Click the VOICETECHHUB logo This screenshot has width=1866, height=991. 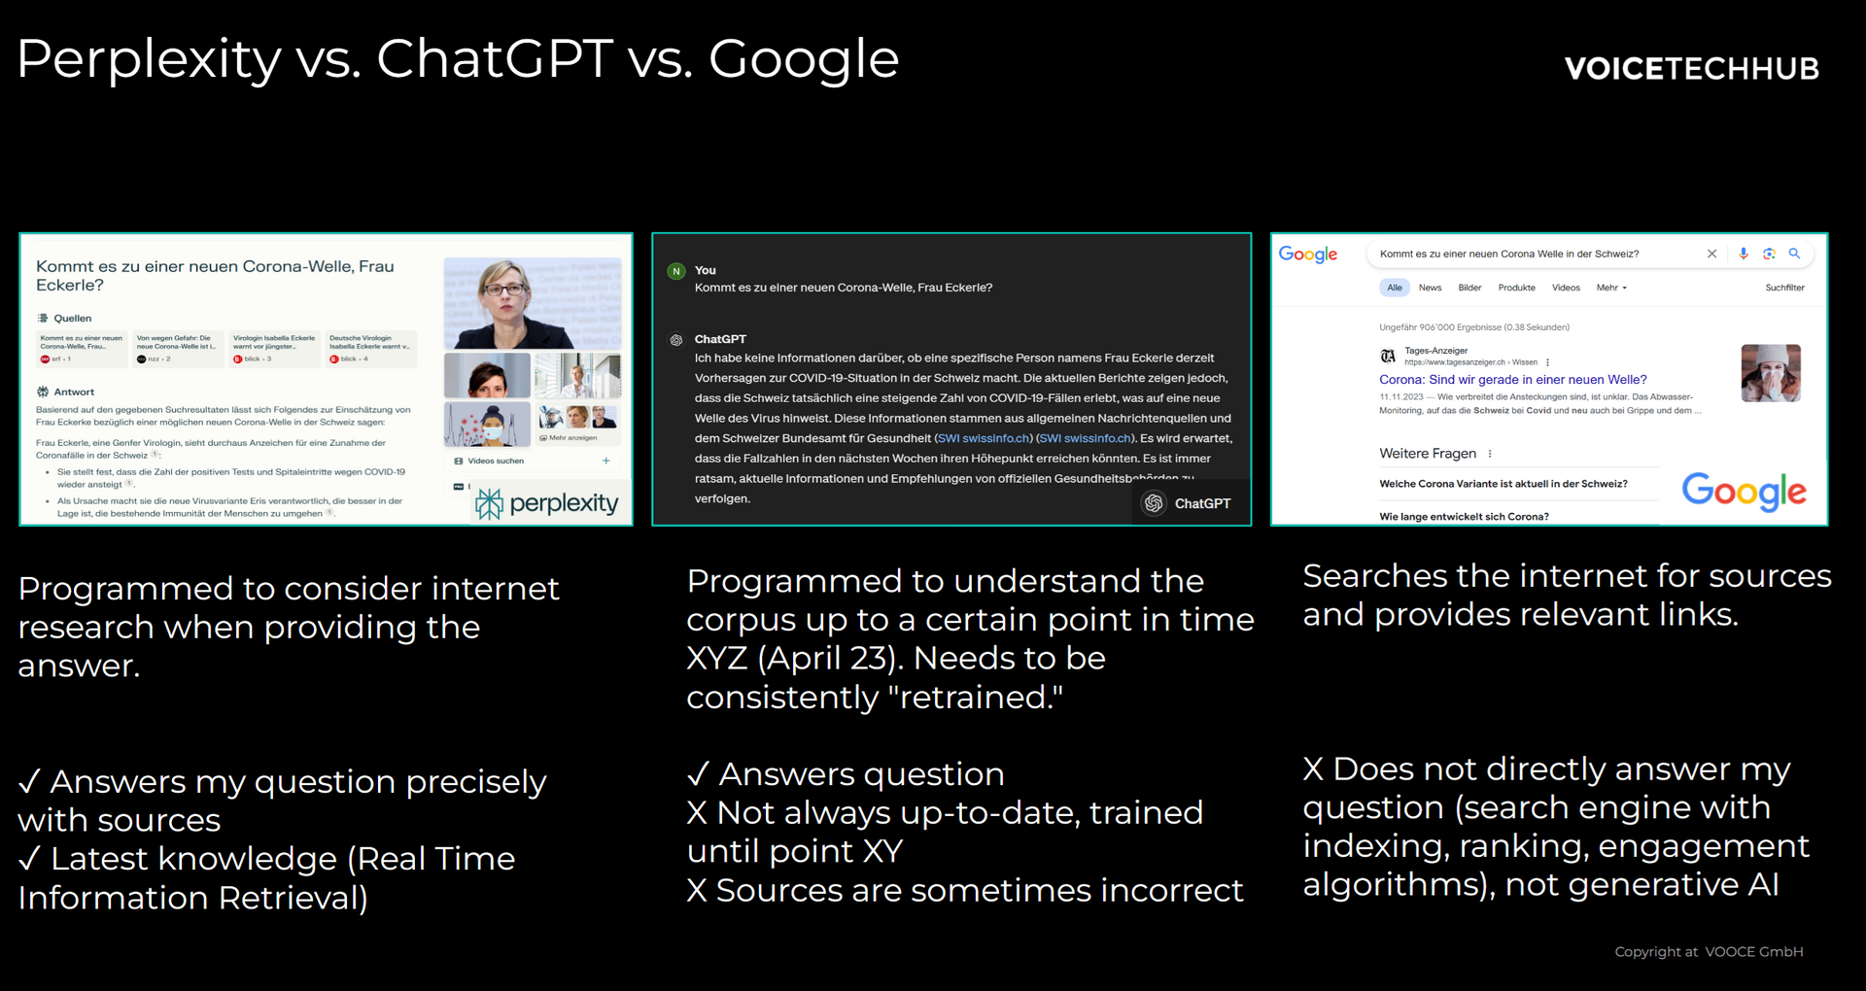[x=1691, y=68]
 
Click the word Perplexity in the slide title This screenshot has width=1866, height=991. [x=149, y=60]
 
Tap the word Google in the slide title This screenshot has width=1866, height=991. [x=803, y=60]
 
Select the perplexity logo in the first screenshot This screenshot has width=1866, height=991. [x=547, y=503]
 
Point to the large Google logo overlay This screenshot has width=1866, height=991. [x=1744, y=492]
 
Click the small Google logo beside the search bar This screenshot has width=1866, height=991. [x=1307, y=255]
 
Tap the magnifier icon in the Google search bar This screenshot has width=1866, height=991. [x=1794, y=254]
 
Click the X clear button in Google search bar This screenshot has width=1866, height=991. [x=1711, y=254]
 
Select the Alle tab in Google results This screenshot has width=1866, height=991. [x=1395, y=288]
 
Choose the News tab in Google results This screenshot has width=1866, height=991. [x=1430, y=288]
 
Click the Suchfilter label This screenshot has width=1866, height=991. [x=1784, y=288]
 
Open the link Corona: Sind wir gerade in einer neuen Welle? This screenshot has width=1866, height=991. [x=1512, y=380]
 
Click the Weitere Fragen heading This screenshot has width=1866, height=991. [x=1427, y=454]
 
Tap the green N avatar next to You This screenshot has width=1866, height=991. [x=676, y=271]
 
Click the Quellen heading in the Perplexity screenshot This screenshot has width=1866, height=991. [x=72, y=319]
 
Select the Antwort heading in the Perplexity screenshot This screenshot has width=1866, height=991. [x=74, y=393]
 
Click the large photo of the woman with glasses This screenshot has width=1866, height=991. [x=532, y=303]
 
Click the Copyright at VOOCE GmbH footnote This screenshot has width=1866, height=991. [x=1708, y=952]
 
